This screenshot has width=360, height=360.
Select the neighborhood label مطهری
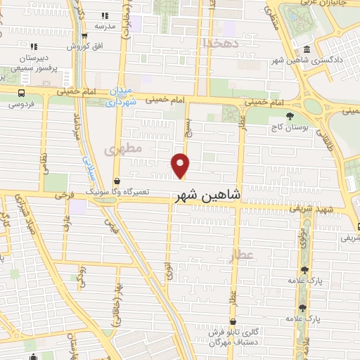click(124, 149)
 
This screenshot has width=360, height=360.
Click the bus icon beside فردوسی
click(22, 93)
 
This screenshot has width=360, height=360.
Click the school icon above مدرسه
click(105, 15)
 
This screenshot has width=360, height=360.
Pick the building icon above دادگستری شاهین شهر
click(307, 49)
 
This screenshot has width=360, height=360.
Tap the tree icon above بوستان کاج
click(288, 117)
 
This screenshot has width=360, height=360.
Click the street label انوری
click(169, 271)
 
